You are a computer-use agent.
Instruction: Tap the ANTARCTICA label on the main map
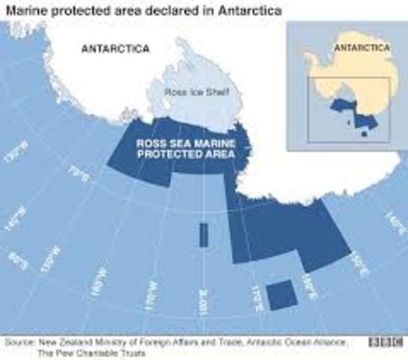[x=115, y=49]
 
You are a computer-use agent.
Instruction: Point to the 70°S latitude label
[x=76, y=176]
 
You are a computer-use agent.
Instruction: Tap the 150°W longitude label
[x=49, y=253]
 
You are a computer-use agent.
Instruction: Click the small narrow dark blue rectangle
[x=202, y=234]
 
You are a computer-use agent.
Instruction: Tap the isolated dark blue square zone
[x=281, y=294]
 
